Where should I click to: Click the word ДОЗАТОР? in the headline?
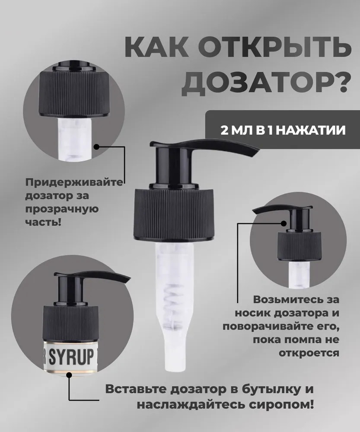266,82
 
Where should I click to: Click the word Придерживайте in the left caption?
74,183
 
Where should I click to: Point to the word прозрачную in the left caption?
62,209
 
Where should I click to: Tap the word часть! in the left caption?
43,221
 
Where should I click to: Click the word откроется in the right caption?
309,353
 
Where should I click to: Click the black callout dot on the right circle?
284,223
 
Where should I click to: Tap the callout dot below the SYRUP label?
69,375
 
